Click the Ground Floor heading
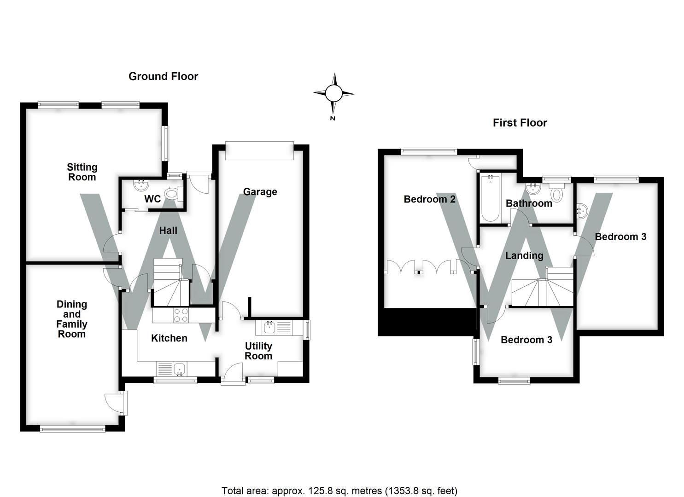tap(163, 76)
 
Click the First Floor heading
tap(520, 123)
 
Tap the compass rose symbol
tap(333, 93)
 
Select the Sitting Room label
tap(82, 172)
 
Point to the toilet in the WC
tap(172, 194)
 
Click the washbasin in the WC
tap(140, 185)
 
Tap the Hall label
tap(168, 231)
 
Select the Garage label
tap(260, 192)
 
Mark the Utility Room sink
tap(269, 328)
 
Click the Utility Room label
tap(258, 351)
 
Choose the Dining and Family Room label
tap(71, 319)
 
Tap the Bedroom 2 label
tap(429, 199)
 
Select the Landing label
tap(524, 255)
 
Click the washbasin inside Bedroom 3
tap(582, 211)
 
